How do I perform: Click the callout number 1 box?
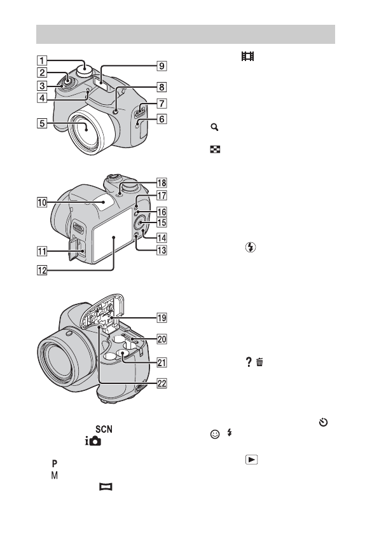(x=42, y=60)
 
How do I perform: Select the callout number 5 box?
(x=42, y=123)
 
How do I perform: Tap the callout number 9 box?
(x=162, y=65)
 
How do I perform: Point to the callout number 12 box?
(x=42, y=270)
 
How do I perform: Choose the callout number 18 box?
(x=162, y=183)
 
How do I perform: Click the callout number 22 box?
(x=162, y=383)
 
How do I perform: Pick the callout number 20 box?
(x=162, y=339)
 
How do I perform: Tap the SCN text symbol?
(x=104, y=429)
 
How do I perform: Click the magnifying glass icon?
(x=214, y=127)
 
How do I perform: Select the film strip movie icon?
(x=247, y=56)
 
